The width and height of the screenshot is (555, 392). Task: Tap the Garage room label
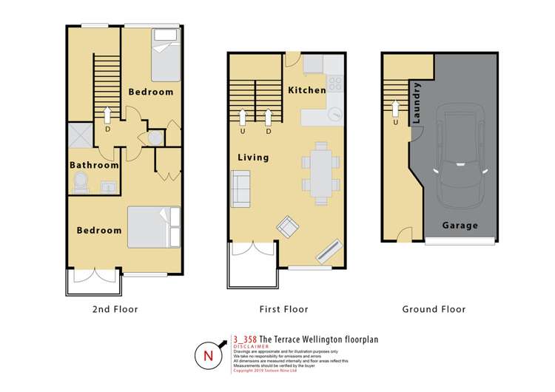tap(460, 226)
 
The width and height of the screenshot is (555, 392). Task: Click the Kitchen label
tap(306, 90)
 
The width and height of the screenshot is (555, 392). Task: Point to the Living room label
tap(253, 158)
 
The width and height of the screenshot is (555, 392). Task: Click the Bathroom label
tap(94, 166)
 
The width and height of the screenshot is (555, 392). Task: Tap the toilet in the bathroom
tap(80, 183)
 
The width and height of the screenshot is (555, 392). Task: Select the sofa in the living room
tap(240, 188)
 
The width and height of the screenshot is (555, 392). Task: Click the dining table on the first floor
tap(321, 173)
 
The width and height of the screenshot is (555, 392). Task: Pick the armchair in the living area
tap(287, 226)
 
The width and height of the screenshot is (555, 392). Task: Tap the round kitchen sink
tap(335, 115)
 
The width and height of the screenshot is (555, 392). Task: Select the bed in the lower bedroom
tap(152, 227)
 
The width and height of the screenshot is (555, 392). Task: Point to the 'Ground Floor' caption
tap(434, 309)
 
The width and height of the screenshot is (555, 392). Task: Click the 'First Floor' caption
tap(284, 309)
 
